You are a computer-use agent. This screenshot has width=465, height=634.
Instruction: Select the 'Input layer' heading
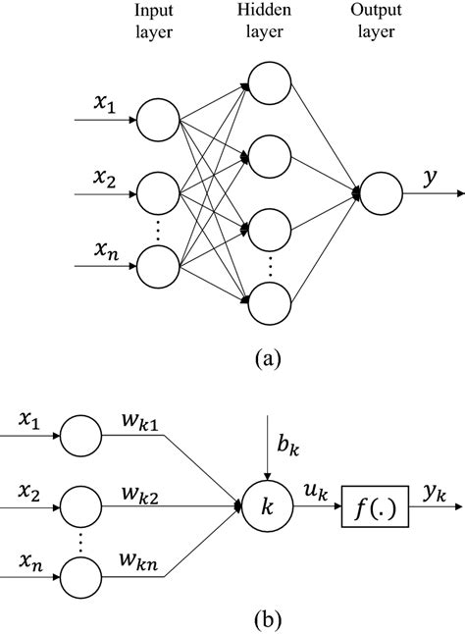(155, 22)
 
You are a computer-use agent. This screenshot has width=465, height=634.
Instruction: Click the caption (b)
(265, 618)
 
